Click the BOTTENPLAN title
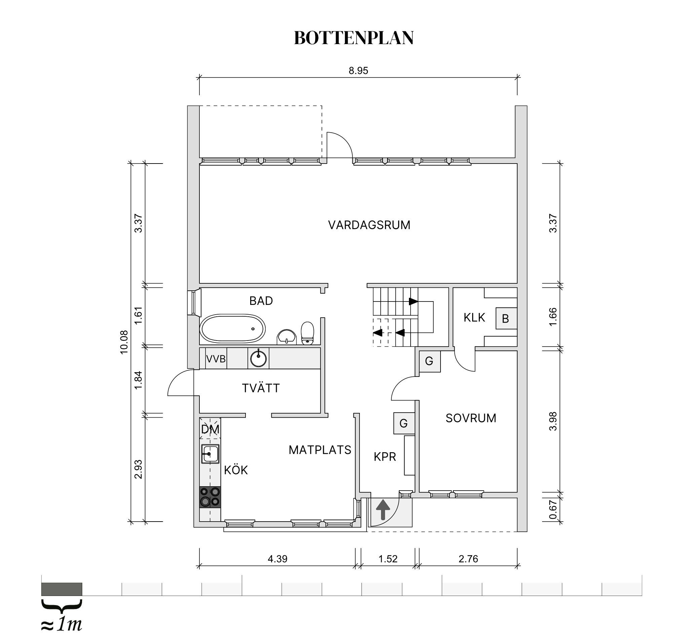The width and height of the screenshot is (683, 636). [353, 38]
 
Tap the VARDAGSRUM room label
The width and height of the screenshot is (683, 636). [369, 225]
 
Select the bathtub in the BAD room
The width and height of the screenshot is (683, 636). [233, 328]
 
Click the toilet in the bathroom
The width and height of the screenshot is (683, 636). [307, 333]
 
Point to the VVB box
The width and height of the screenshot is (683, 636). [216, 359]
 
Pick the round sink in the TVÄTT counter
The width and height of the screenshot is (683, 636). [258, 359]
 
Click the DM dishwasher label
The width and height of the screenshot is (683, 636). [210, 429]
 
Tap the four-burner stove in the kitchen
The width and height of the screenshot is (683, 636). [210, 497]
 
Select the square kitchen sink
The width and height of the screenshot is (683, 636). [210, 454]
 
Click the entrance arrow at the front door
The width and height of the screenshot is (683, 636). [383, 509]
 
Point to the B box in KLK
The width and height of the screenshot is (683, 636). [505, 319]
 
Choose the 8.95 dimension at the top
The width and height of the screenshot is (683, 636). [358, 71]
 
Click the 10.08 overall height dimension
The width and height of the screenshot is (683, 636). [124, 342]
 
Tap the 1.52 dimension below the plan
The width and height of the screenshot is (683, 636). [388, 559]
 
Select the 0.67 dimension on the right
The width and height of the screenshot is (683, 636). [553, 509]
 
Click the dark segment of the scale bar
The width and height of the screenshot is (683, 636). [62, 589]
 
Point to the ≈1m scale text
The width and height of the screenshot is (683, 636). [62, 624]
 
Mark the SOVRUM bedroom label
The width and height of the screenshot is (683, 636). [471, 418]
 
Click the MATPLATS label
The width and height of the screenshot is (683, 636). [320, 450]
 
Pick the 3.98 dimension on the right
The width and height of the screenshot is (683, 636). [553, 421]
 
